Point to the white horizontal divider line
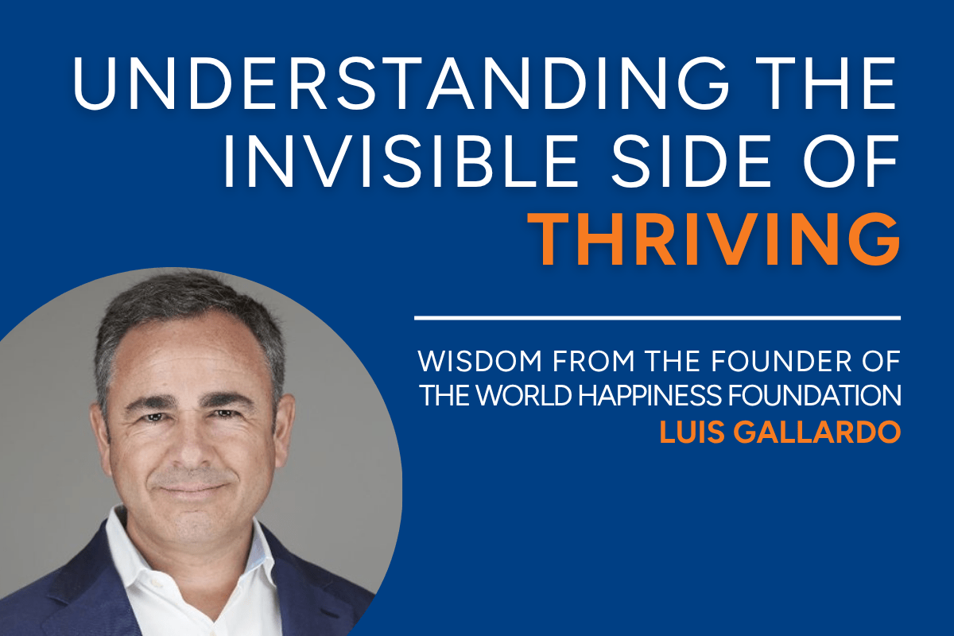657,318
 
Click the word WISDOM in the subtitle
480,361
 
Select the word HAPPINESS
650,395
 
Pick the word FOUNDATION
814,395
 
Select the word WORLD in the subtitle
523,395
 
